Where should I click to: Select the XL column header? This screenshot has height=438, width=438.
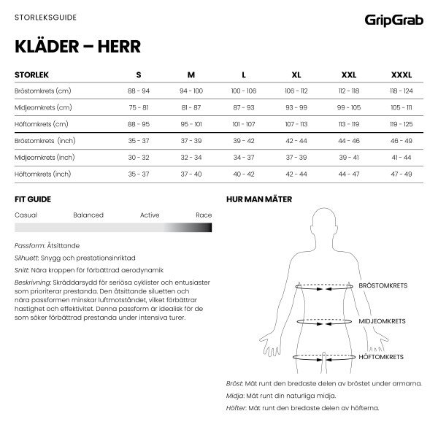coord(296,74)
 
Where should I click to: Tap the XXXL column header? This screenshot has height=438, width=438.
coord(401,74)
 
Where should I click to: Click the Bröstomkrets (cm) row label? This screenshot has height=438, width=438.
coord(42,91)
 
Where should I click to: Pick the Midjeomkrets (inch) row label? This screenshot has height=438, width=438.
coord(44,157)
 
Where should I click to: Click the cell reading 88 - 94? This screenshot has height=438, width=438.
coord(139,91)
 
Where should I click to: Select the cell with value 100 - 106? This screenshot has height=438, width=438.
coord(244,91)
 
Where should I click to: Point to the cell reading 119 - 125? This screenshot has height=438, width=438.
coord(401,124)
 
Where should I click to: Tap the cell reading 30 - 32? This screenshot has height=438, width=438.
coord(139,157)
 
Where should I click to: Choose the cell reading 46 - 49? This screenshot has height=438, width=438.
coord(401,140)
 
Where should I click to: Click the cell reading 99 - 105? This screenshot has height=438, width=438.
coord(349,107)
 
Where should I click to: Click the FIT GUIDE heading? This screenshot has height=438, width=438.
coord(33,199)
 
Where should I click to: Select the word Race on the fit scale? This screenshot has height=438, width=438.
coord(203,215)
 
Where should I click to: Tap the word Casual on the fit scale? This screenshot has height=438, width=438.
coord(26,215)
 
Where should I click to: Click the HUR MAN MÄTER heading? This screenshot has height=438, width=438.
coord(280,199)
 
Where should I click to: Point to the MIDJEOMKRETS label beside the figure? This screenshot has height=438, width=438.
coord(381,320)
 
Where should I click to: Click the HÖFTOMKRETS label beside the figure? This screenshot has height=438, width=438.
coord(381,356)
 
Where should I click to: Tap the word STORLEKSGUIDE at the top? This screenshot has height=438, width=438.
coord(45,15)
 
